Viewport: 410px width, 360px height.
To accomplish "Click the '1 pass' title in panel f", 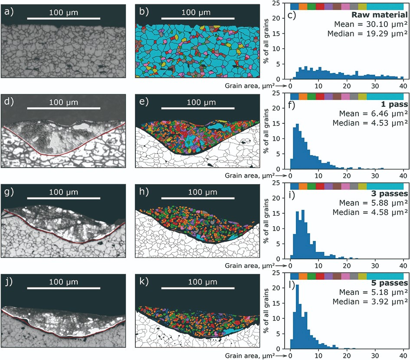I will (394, 106).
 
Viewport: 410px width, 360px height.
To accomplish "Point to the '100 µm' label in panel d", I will (63, 102).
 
